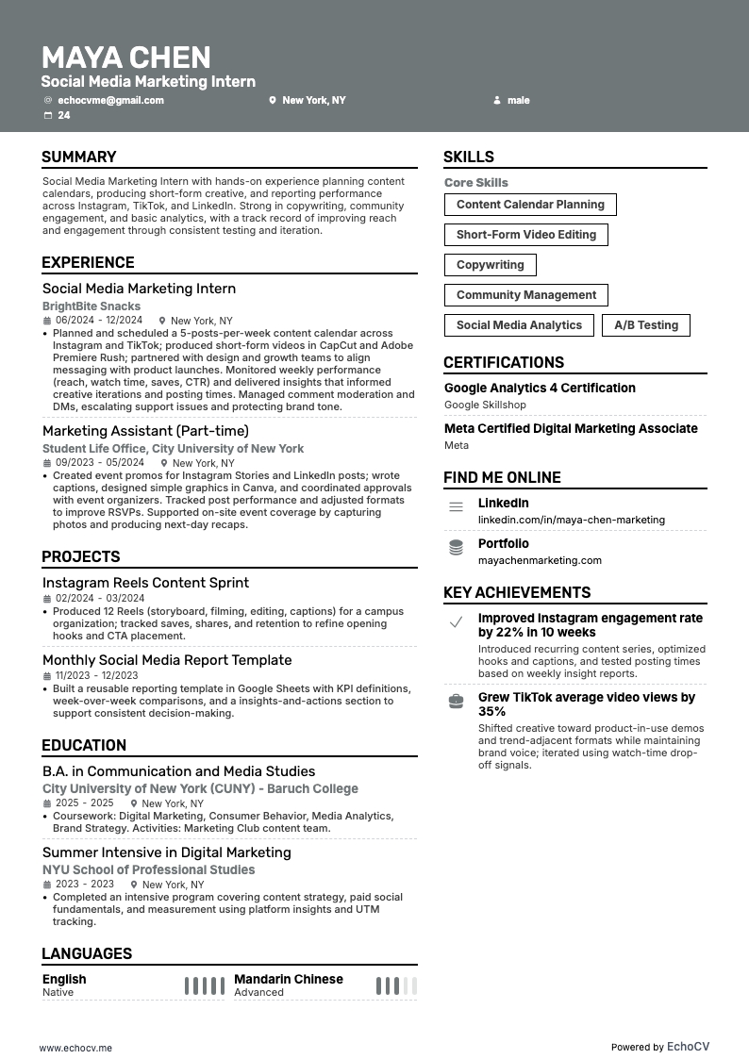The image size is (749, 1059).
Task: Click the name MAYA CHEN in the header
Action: tap(125, 57)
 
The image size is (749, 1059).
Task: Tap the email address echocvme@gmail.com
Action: tap(110, 100)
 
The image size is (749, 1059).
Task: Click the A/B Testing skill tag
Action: tap(646, 325)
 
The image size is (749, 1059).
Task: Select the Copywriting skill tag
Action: tap(490, 265)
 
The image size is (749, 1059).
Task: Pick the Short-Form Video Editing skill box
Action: tap(525, 235)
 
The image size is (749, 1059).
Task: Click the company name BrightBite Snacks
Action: tap(92, 306)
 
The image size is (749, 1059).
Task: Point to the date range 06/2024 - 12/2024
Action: tap(99, 321)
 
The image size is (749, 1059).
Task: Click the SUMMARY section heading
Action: tap(79, 157)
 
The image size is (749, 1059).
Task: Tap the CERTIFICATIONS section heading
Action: tap(504, 363)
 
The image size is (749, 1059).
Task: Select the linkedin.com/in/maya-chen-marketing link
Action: tap(571, 520)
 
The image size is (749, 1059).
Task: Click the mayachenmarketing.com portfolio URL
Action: tap(540, 560)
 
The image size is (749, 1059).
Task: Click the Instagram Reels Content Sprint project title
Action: tap(145, 583)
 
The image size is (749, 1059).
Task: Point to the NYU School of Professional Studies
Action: tap(148, 870)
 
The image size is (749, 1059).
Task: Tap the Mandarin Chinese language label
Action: tap(289, 979)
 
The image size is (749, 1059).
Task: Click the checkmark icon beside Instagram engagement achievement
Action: tap(456, 622)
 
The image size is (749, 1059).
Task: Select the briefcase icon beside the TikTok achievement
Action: tap(456, 702)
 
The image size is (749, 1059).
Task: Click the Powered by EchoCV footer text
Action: tap(659, 1047)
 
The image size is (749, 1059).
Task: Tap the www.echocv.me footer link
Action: tap(75, 1048)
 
